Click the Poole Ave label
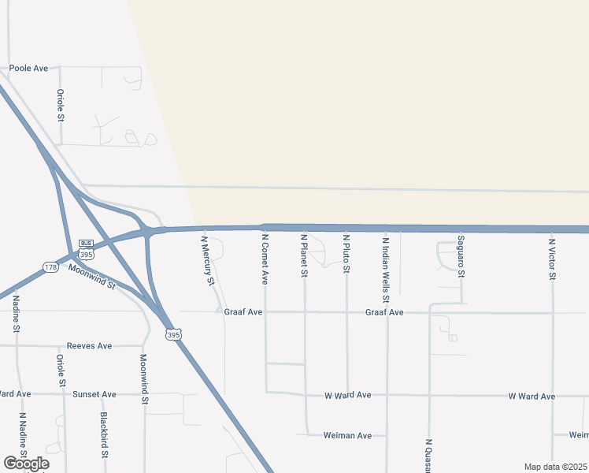(28, 69)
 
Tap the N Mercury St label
(207, 260)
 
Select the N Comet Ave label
(265, 259)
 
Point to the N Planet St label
(304, 255)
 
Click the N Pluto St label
(346, 253)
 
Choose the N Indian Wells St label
(386, 270)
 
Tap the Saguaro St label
(461, 257)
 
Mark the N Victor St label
(553, 259)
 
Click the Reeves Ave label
(89, 346)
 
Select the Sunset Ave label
(94, 394)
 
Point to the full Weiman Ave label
(347, 435)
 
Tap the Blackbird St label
(104, 435)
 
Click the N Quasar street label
(430, 456)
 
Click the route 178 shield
(51, 266)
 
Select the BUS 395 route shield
(87, 250)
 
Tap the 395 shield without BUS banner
(173, 335)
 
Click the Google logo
(26, 464)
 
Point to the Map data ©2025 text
(555, 467)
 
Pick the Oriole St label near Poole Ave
(61, 105)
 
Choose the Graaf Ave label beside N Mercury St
(243, 312)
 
